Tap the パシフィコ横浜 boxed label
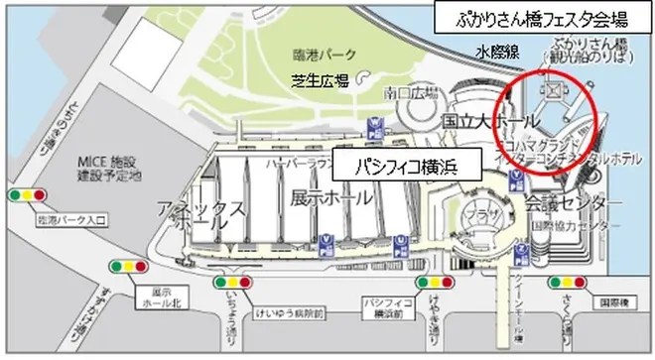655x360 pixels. (407, 166)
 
